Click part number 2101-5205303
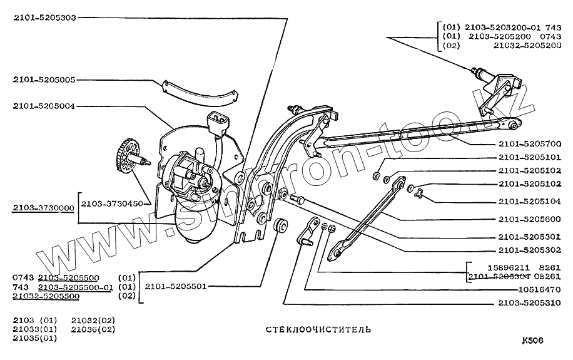point(44,18)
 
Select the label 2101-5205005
point(44,80)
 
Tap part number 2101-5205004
point(44,106)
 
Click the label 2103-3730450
point(111,203)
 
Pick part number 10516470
point(539,289)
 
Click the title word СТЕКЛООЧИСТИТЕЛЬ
point(318,328)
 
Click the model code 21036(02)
point(93,329)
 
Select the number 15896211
point(489,266)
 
